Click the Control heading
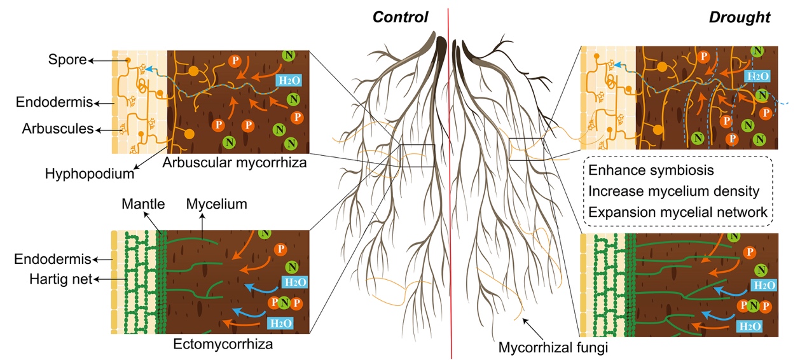(x=401, y=17)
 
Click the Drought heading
(x=740, y=17)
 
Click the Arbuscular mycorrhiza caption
(x=235, y=163)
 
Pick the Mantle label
(x=144, y=204)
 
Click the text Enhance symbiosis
(x=642, y=170)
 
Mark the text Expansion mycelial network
(x=678, y=212)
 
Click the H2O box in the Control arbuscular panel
(x=288, y=80)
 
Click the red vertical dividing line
(x=450, y=191)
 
